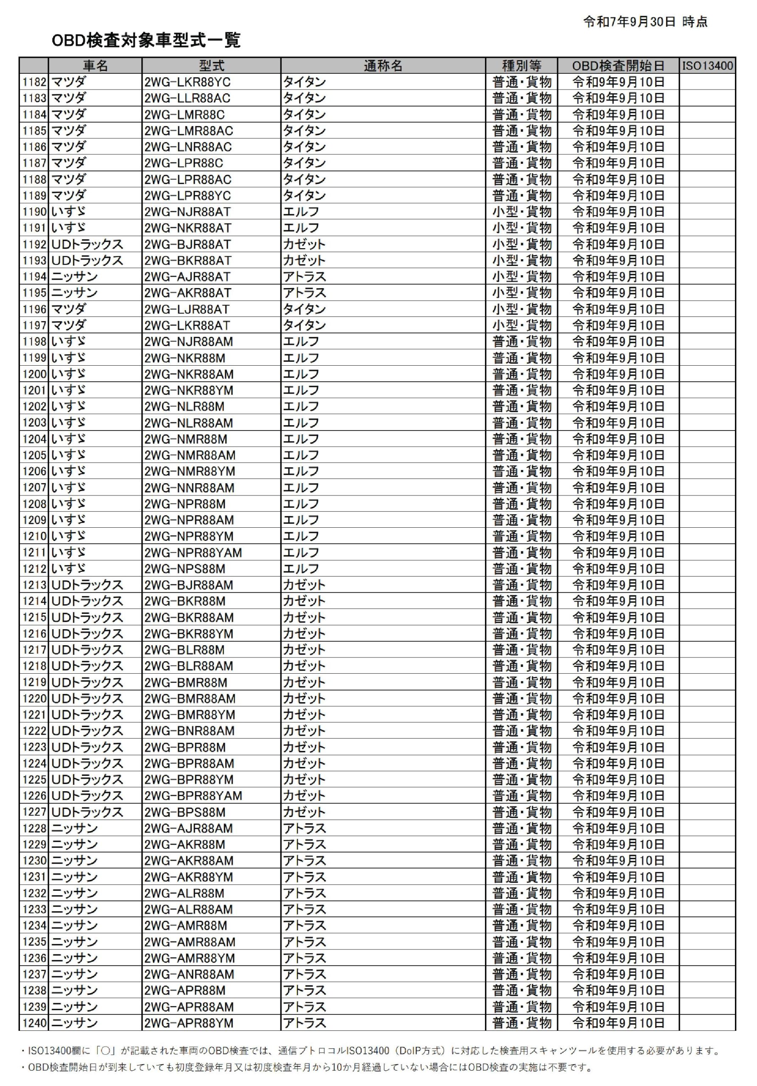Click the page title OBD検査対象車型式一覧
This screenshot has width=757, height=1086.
coord(146,40)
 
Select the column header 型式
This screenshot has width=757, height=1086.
coord(211,66)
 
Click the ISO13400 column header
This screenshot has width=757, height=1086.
coord(707,66)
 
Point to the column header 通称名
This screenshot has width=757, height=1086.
coord(383,66)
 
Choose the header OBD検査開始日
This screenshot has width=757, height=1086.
coord(618,66)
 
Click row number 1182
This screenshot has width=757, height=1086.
coord(34,82)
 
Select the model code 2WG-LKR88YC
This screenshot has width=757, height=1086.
coord(188,82)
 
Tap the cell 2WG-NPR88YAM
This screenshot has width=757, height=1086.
coord(193,552)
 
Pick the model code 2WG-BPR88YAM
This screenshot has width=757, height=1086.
coord(193,795)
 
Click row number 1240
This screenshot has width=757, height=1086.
coord(34,1023)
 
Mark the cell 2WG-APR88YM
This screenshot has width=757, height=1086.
coord(189,1023)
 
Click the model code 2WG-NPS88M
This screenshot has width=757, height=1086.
coord(185,568)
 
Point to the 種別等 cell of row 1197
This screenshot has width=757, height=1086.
coord(521,325)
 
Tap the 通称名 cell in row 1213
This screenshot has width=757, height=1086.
coord(304,585)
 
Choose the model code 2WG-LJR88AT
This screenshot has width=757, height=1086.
coord(187,309)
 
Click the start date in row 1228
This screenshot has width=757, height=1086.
coord(618,828)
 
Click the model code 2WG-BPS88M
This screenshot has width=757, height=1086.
coord(185,812)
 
